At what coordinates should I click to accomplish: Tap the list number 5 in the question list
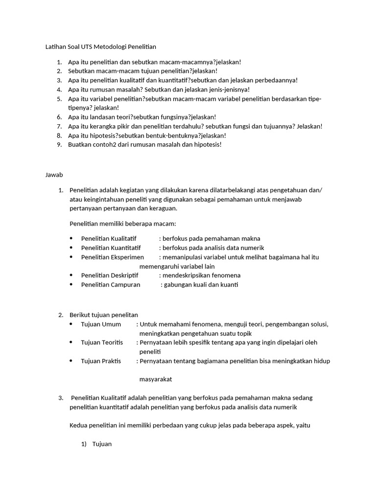point(59,99)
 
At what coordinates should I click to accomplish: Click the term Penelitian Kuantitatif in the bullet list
point(111,248)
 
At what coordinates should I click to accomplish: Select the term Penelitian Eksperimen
point(112,257)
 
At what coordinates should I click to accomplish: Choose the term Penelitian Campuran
point(110,285)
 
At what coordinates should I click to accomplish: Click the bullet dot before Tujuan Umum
point(71,324)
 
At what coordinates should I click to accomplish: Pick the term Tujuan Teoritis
point(102,342)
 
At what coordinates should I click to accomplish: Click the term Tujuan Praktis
point(101,361)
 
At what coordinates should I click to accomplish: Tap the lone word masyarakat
point(156,379)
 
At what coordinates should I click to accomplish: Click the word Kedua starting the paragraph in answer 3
point(79,426)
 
